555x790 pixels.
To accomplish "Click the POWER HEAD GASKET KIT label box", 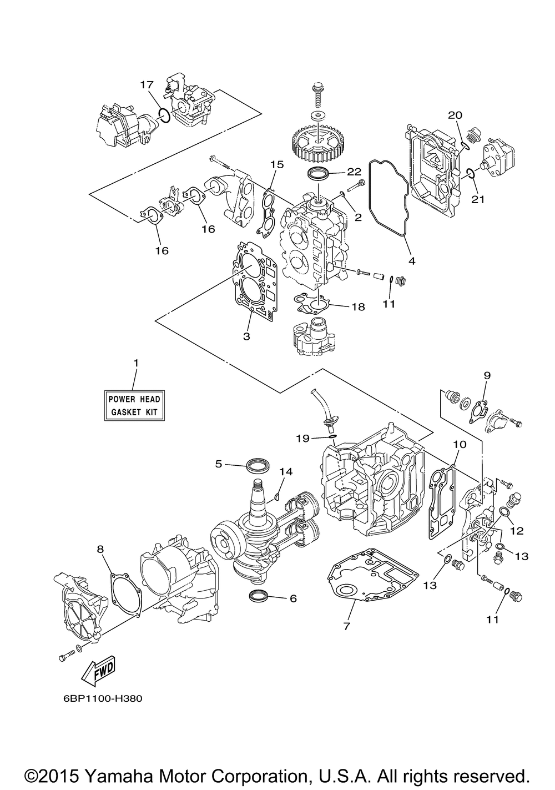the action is click(x=134, y=405).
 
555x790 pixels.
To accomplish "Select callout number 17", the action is click(x=147, y=85).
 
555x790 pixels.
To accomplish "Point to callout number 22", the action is click(x=354, y=172).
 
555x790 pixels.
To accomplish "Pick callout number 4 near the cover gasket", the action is click(x=411, y=261).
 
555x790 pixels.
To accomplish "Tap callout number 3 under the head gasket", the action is click(x=246, y=336).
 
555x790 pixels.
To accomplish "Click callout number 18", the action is click(x=357, y=307).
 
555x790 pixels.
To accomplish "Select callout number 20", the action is click(x=455, y=115).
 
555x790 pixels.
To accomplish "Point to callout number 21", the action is click(x=478, y=200).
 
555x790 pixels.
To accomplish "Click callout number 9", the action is click(x=487, y=376).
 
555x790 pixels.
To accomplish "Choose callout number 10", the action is click(x=460, y=444).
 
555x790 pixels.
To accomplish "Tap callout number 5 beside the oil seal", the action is click(x=219, y=464).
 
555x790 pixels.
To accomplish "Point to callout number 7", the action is click(x=346, y=626).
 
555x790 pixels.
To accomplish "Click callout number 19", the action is click(x=303, y=439).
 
